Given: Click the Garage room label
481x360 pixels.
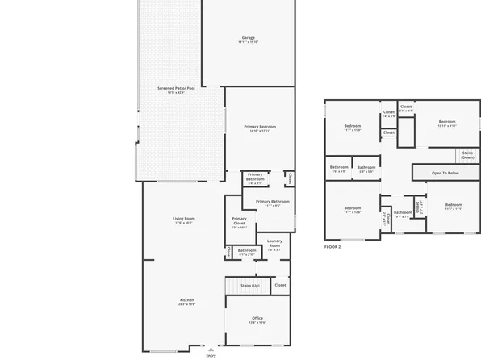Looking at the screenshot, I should (248, 38).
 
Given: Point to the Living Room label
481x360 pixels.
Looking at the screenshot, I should (184, 219).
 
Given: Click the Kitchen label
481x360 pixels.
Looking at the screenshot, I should (186, 300).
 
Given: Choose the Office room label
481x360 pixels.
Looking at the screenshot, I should (257, 318).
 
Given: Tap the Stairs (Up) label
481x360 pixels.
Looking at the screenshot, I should (250, 286).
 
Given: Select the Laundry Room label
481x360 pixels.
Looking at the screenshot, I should (274, 244).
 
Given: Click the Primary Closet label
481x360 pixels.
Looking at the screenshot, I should (240, 222).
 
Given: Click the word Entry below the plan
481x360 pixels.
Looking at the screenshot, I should (211, 355).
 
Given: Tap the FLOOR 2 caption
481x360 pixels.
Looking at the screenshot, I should (333, 246).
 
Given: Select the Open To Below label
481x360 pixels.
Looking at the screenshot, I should (445, 173).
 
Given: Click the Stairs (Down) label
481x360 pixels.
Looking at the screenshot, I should (467, 154).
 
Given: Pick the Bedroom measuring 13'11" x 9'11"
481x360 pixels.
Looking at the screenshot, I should (447, 123).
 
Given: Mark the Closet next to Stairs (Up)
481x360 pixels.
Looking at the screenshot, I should (280, 285).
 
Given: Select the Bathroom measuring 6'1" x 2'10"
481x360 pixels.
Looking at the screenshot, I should (247, 251).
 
